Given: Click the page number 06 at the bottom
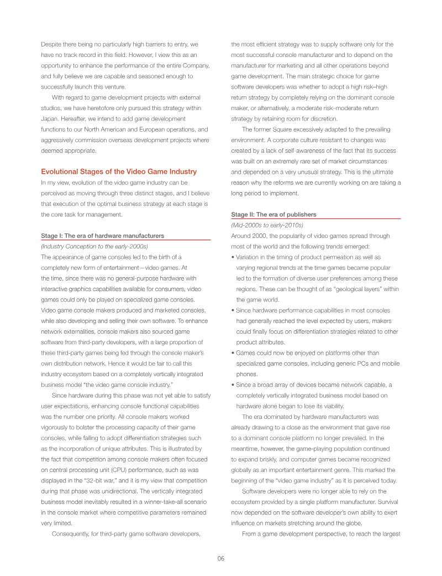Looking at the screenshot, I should [x=220, y=558].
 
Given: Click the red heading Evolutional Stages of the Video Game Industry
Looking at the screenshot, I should [x=119, y=172].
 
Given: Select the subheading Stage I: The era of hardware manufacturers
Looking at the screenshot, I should [x=102, y=236].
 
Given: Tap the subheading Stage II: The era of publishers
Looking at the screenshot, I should [x=273, y=214].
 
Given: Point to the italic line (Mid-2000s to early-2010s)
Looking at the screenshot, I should [x=267, y=225].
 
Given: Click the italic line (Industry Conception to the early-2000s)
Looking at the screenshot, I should [x=94, y=246].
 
